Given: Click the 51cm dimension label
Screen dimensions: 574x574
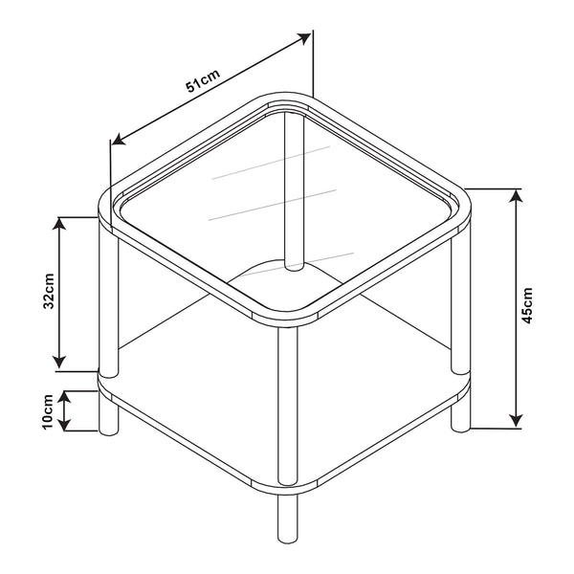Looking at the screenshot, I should (x=203, y=83).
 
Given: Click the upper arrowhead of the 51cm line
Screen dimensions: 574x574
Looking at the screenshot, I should (x=305, y=38).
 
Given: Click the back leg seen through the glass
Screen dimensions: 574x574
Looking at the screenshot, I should (x=294, y=191).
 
